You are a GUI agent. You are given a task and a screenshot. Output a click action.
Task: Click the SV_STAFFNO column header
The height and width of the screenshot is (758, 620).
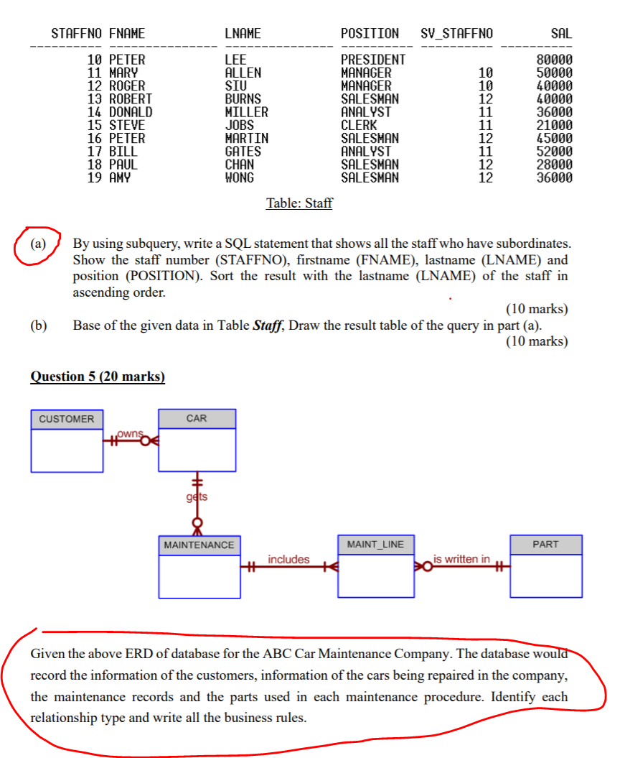(x=457, y=34)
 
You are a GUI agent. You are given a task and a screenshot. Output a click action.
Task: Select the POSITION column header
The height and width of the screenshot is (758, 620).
(x=370, y=34)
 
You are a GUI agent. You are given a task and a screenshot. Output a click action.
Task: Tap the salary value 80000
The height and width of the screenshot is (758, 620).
(x=555, y=60)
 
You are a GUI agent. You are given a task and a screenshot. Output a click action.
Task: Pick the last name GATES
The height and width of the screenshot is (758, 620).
(x=243, y=152)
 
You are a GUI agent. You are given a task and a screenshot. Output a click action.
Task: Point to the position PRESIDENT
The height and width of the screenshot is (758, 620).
(x=372, y=60)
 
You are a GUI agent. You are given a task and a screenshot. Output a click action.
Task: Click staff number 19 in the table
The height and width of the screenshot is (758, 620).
(x=94, y=177)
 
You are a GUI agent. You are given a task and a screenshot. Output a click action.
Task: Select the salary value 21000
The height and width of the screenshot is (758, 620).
(x=555, y=125)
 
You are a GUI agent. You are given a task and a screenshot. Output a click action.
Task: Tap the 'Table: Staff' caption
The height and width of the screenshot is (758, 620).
(x=299, y=203)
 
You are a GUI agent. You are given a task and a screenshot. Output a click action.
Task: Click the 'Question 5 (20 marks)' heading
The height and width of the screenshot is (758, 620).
(x=98, y=376)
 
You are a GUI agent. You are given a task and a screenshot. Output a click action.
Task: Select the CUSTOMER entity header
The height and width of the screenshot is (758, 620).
(x=66, y=419)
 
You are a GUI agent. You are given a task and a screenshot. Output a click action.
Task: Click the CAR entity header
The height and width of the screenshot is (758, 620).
(x=197, y=418)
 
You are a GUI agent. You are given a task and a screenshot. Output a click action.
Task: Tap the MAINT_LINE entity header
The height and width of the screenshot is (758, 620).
(x=375, y=545)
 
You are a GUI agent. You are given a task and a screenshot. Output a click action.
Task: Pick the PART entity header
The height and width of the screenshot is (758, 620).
(x=545, y=545)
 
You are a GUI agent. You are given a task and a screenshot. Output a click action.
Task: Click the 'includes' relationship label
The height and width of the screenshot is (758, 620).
(x=288, y=559)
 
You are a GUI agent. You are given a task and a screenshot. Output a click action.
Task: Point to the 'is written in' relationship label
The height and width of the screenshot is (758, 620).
(x=462, y=558)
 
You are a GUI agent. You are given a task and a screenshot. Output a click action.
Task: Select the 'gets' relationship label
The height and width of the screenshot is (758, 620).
(x=197, y=496)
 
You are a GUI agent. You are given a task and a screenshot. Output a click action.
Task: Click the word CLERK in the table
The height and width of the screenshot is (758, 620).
(x=358, y=125)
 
